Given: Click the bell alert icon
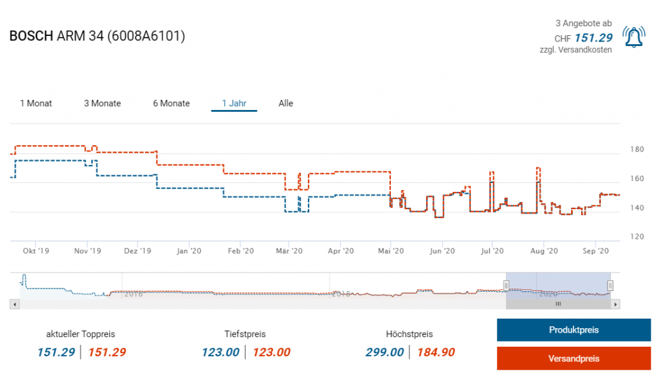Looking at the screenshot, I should pyautogui.click(x=633, y=37).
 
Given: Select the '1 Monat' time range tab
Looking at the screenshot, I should pyautogui.click(x=36, y=103).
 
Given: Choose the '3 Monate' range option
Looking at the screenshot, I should pyautogui.click(x=102, y=103).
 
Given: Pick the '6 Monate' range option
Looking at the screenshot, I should pyautogui.click(x=171, y=103).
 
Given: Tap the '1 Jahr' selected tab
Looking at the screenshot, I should pyautogui.click(x=234, y=103).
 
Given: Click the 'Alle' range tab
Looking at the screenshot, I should pyautogui.click(x=285, y=103).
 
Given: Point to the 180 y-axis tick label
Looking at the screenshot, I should pyautogui.click(x=637, y=150).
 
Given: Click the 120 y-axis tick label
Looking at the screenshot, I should pyautogui.click(x=637, y=237).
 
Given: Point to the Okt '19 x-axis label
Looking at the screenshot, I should pyautogui.click(x=35, y=251).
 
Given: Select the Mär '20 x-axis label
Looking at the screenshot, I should pyautogui.click(x=289, y=251).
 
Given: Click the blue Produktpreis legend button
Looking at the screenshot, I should pyautogui.click(x=573, y=330).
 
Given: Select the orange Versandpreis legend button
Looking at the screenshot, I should pyautogui.click(x=573, y=358).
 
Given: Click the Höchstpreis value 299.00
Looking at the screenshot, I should pyautogui.click(x=384, y=352).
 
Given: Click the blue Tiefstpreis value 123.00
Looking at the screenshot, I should pyautogui.click(x=220, y=352).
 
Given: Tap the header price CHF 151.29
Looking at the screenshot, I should pyautogui.click(x=593, y=38).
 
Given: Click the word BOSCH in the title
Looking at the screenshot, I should pyautogui.click(x=31, y=36).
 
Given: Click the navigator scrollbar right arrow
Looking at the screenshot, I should pyautogui.click(x=616, y=305).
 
